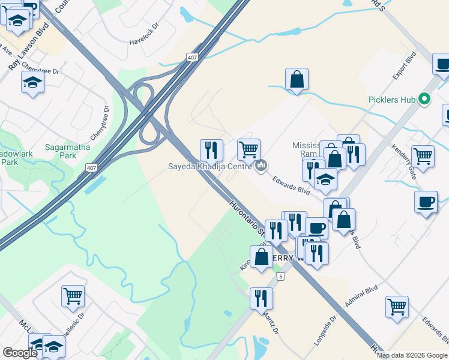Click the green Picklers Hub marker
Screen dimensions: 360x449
[x=425, y=98]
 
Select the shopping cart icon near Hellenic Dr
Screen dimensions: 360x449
[x=73, y=295]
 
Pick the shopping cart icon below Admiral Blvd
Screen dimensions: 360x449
[x=397, y=307]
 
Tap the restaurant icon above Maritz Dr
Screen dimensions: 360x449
[x=261, y=298]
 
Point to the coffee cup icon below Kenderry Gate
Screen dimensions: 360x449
[x=426, y=202]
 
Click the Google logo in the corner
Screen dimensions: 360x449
[x=19, y=353]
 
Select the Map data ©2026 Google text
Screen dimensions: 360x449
[x=412, y=355]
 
